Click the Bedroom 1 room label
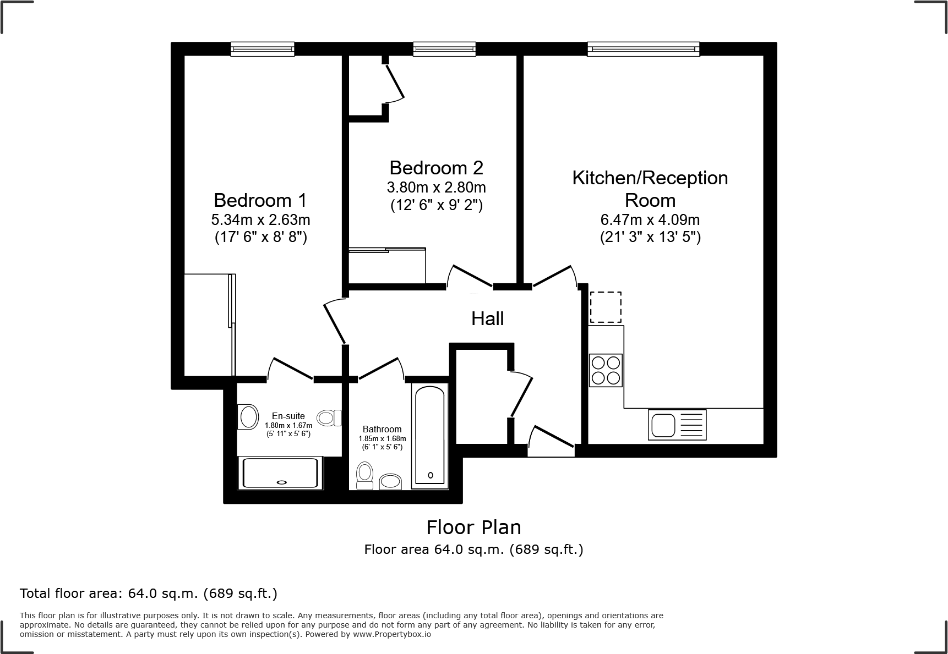[260, 200]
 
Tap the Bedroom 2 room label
[436, 167]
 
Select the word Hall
[487, 318]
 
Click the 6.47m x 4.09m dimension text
[650, 220]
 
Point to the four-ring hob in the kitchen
[606, 370]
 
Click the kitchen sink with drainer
[677, 425]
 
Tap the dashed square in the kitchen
[606, 307]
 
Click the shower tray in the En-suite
[281, 473]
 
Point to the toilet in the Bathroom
[364, 476]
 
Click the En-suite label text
[288, 416]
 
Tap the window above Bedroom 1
[262, 50]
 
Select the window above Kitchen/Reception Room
[643, 50]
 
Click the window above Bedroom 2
[444, 50]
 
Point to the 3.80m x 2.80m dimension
[436, 188]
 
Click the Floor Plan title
[473, 527]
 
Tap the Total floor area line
[149, 593]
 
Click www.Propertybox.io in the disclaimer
[391, 634]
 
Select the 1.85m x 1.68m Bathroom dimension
[382, 438]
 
